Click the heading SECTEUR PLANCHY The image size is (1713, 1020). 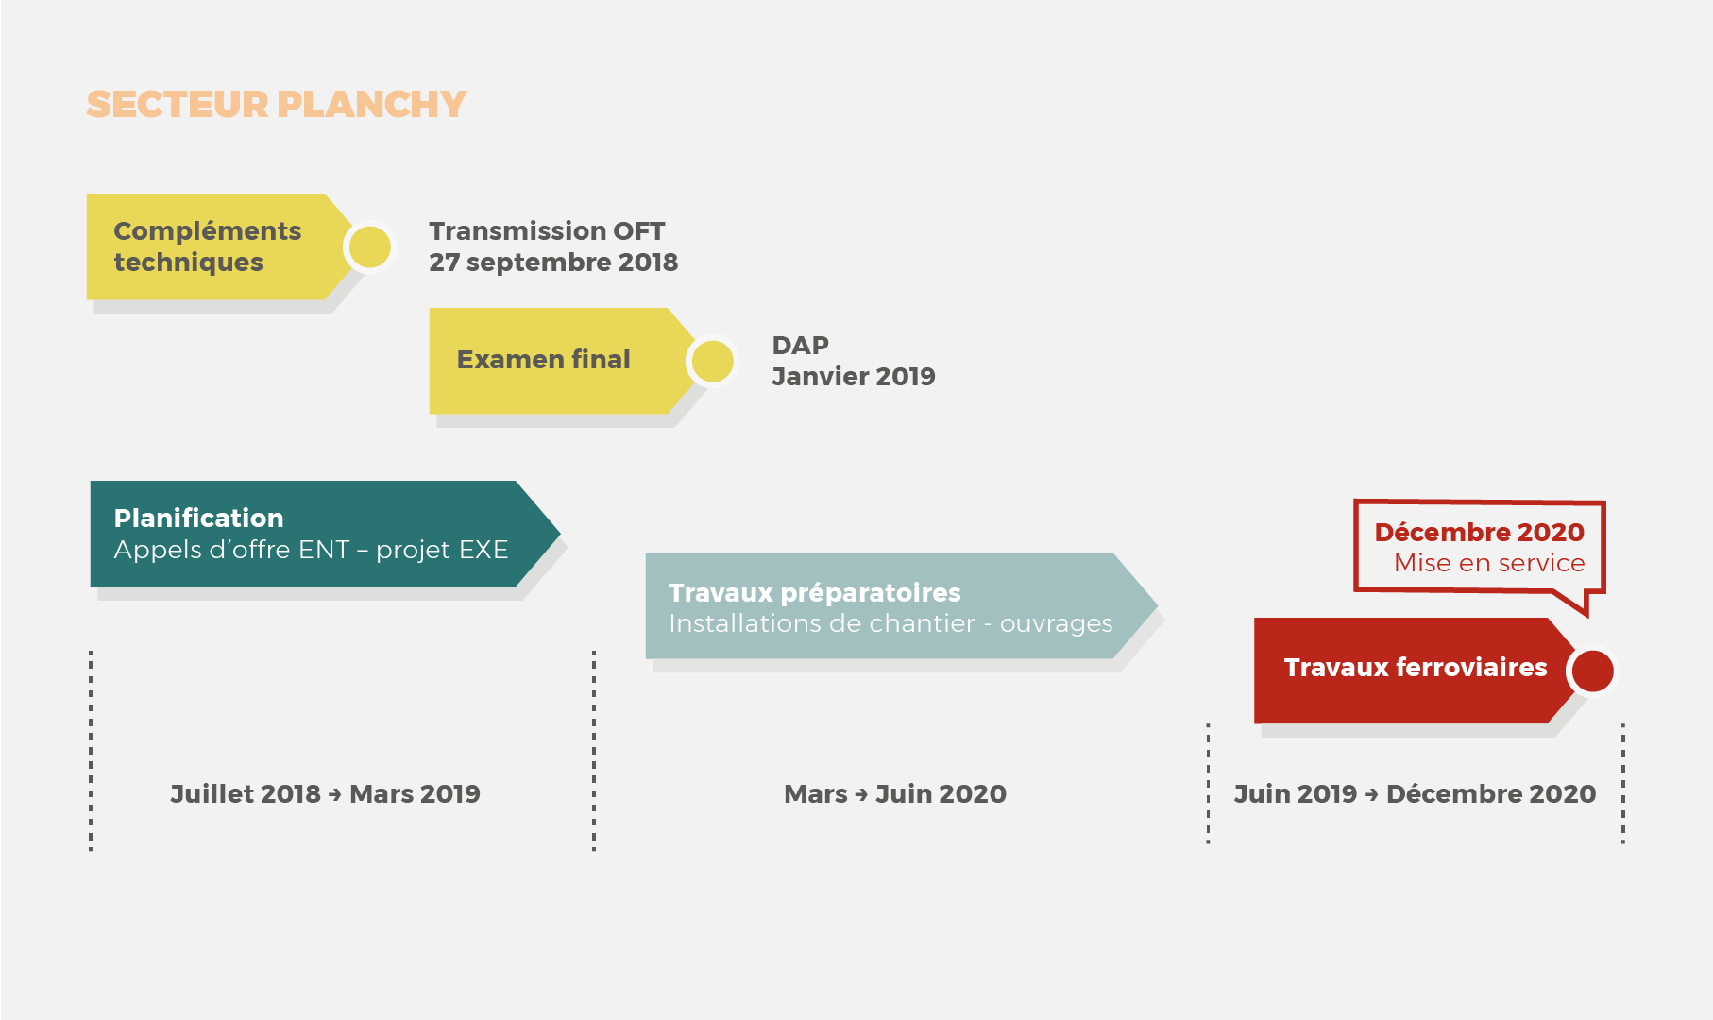pyautogui.click(x=276, y=104)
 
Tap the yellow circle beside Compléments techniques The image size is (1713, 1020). pyautogui.click(x=370, y=247)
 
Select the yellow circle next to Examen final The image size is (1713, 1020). pyautogui.click(x=713, y=362)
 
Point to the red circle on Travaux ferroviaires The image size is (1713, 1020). pyautogui.click(x=1593, y=671)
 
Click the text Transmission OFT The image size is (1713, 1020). pyautogui.click(x=547, y=230)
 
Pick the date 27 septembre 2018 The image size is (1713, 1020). pyautogui.click(x=553, y=262)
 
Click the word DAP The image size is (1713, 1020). pyautogui.click(x=800, y=345)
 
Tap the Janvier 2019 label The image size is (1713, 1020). pyautogui.click(x=854, y=376)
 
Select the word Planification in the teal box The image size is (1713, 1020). pyautogui.click(x=198, y=518)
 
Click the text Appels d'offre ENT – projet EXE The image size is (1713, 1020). pyautogui.click(x=311, y=549)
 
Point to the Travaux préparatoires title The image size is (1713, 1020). pyautogui.click(x=814, y=592)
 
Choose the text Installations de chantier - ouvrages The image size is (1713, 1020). pyautogui.click(x=890, y=623)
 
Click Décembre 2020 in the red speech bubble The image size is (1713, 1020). pyautogui.click(x=1479, y=532)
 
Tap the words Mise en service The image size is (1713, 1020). pyautogui.click(x=1489, y=563)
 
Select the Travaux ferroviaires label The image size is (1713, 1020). pyautogui.click(x=1416, y=667)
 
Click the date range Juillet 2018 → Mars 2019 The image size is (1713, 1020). pyautogui.click(x=325, y=793)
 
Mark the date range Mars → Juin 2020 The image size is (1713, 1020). pyautogui.click(x=895, y=793)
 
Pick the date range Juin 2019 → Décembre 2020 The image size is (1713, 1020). pyautogui.click(x=1415, y=793)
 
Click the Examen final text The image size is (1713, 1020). pyautogui.click(x=543, y=359)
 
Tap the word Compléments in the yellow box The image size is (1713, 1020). pyautogui.click(x=207, y=231)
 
